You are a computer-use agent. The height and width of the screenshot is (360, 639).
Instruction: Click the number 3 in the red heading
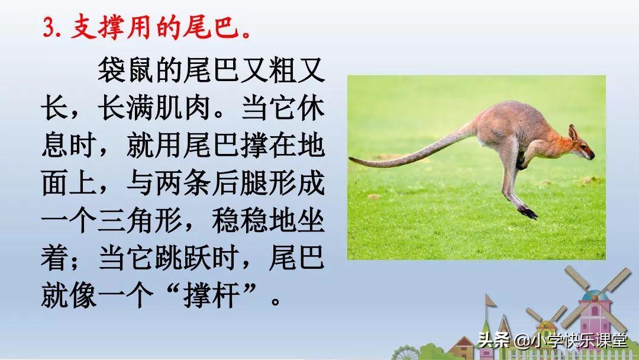point(49,28)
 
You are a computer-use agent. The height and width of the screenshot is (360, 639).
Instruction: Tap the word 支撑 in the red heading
point(98,28)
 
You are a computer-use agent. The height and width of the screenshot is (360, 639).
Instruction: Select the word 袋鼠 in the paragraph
point(125,70)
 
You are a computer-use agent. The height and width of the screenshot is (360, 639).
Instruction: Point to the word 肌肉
point(183,108)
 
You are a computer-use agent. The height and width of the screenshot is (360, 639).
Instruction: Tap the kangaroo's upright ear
point(573,132)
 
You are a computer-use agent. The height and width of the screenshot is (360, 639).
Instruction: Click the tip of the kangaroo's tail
point(350,159)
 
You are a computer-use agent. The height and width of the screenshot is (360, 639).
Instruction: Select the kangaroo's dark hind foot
point(528,213)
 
